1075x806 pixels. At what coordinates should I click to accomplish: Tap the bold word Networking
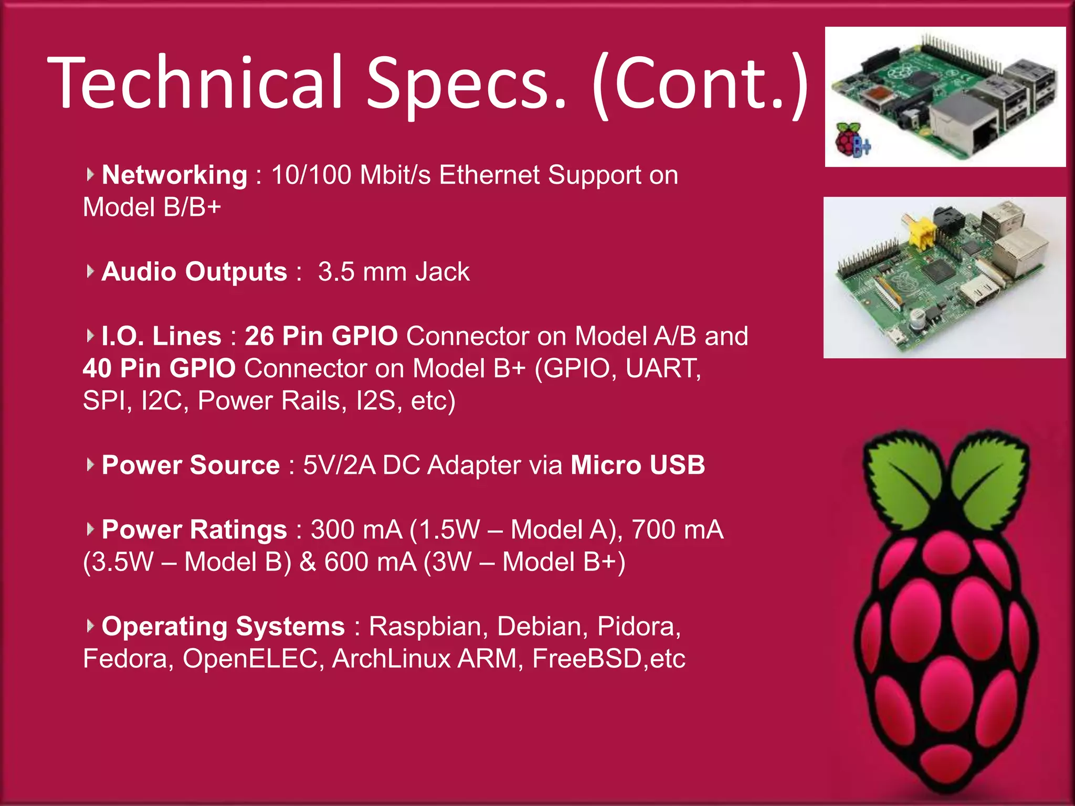click(174, 175)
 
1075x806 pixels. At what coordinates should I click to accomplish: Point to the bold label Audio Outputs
click(194, 272)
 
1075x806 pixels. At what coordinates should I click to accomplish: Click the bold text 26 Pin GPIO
click(321, 336)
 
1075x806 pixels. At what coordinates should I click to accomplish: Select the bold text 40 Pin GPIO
click(159, 368)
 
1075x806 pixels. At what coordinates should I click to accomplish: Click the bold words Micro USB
click(638, 465)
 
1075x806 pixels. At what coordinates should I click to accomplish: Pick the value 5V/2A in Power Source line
click(339, 465)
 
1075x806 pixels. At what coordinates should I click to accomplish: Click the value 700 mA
click(677, 529)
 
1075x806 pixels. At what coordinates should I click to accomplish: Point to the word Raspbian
click(425, 626)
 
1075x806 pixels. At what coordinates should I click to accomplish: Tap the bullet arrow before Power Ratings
click(90, 529)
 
